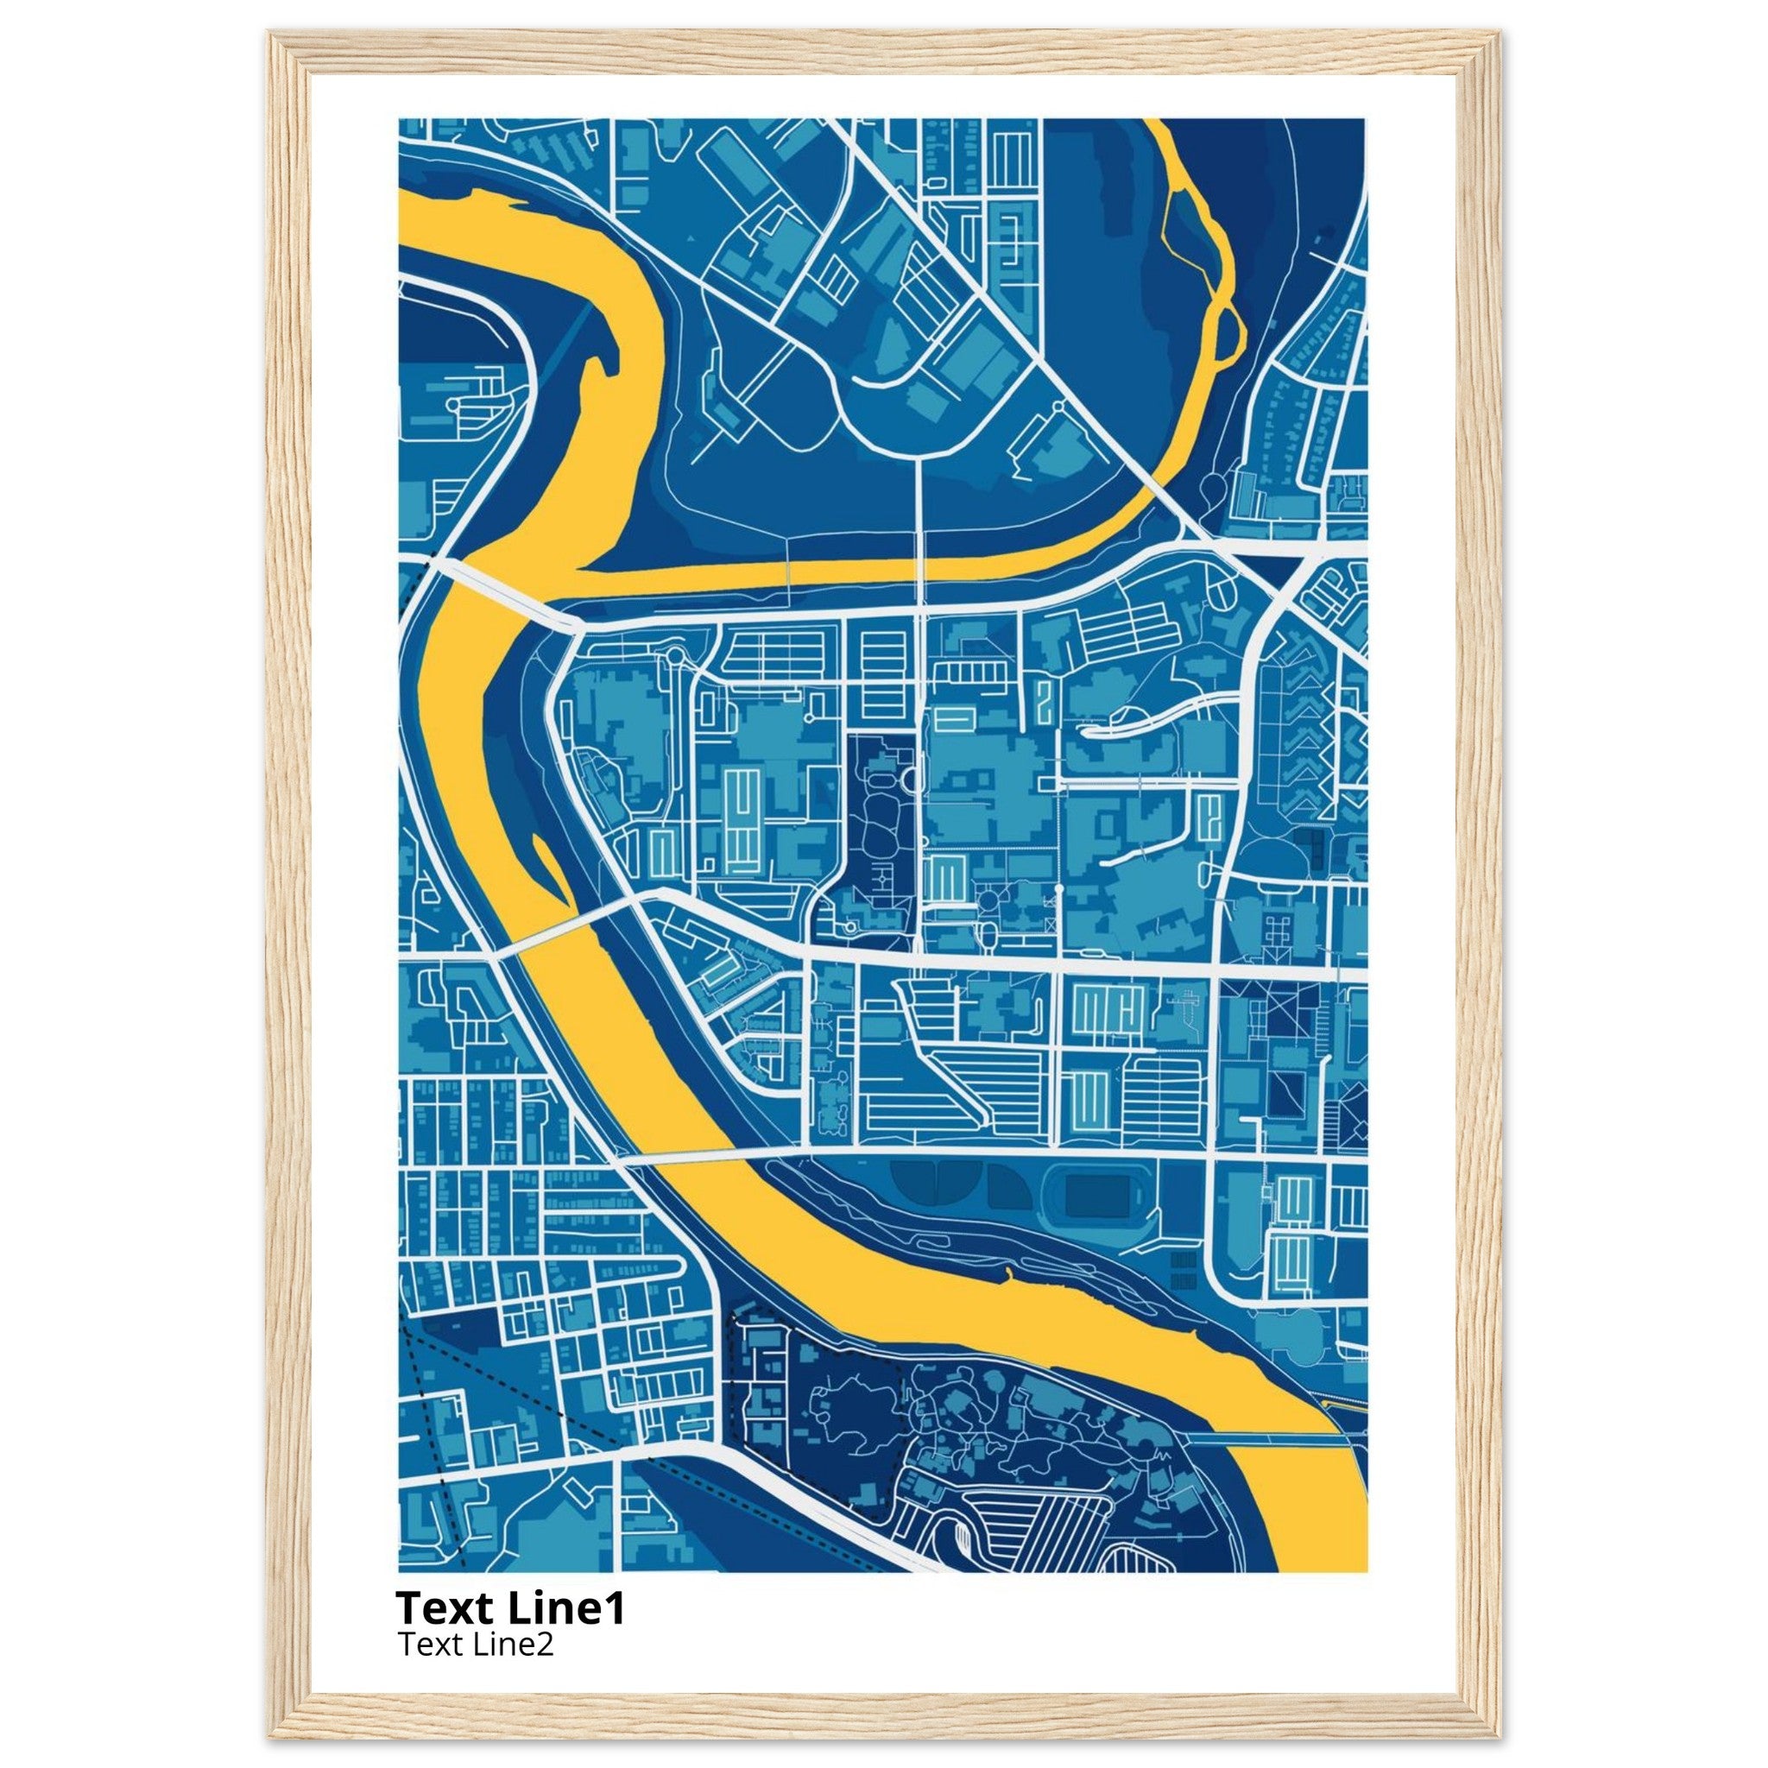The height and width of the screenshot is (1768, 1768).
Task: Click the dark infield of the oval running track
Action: click(x=1097, y=1197)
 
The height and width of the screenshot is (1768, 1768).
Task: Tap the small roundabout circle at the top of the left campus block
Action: click(x=675, y=655)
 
